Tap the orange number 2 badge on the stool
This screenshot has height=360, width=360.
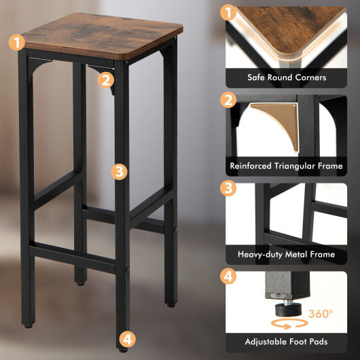105,79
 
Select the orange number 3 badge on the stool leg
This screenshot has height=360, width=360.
120,171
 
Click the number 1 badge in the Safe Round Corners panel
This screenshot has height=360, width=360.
230,13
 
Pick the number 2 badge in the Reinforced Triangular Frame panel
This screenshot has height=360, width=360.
230,101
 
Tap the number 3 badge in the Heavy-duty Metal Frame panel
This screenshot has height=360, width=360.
230,189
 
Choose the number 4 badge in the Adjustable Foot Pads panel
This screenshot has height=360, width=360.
230,277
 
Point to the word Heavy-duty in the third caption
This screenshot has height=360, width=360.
257,254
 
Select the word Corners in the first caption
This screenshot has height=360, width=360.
308,77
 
